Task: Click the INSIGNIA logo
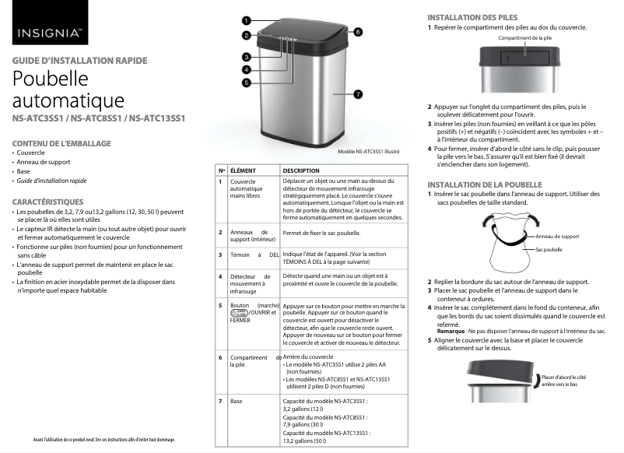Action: click(x=49, y=33)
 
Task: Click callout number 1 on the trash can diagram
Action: click(x=245, y=20)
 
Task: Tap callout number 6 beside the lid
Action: click(x=358, y=32)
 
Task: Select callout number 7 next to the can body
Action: click(x=357, y=93)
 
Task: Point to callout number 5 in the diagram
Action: click(x=245, y=82)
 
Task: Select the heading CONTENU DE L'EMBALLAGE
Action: click(x=61, y=143)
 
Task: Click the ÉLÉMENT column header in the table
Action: click(x=244, y=170)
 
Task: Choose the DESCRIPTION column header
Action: click(x=301, y=170)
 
